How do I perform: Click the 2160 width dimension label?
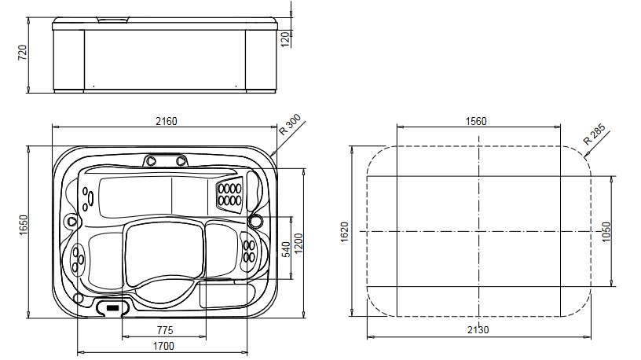point(166,121)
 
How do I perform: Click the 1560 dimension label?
point(477,121)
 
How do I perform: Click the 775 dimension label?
point(165,329)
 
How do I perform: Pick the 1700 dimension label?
point(163,345)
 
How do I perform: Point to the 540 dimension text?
point(286,249)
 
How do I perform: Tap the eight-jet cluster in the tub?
point(229,194)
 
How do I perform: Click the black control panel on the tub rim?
point(115,307)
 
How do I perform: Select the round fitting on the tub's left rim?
point(72,222)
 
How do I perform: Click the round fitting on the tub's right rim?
point(255,222)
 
